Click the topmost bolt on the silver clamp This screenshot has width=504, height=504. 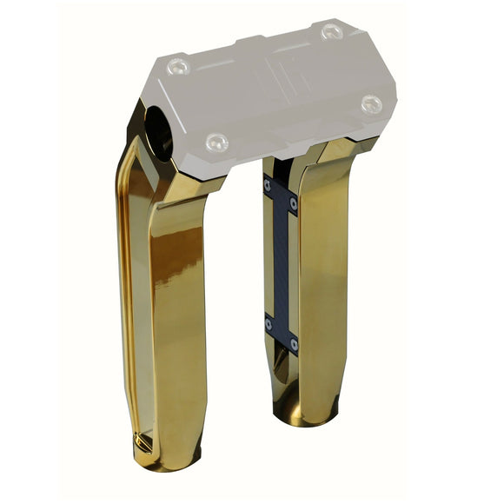coord(332,32)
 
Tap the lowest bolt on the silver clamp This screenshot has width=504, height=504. coord(216,141)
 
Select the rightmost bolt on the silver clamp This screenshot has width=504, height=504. coord(372,103)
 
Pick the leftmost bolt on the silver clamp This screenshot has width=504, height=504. coord(178,65)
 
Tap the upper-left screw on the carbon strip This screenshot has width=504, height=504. coord(267,184)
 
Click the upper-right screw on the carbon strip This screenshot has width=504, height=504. coord(293,203)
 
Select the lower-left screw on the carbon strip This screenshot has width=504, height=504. coord(268,323)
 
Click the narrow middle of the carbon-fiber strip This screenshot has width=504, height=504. coord(281,261)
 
